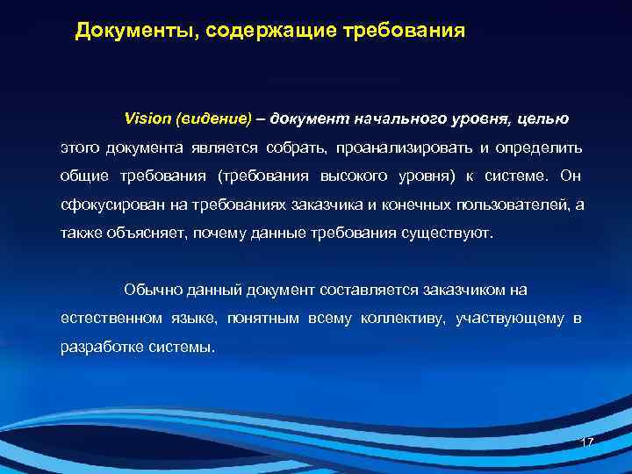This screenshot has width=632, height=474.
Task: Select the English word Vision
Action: (x=148, y=118)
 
